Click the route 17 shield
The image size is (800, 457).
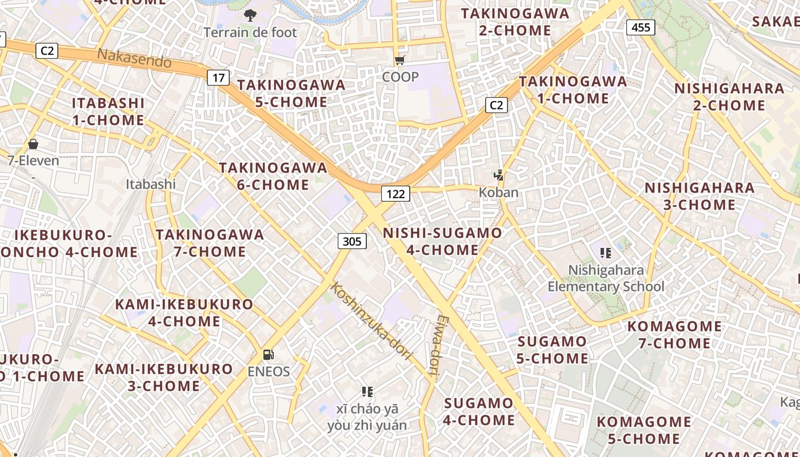(x=218, y=77)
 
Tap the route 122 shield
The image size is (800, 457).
(x=395, y=194)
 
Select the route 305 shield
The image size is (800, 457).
(x=352, y=241)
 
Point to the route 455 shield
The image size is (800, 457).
(x=640, y=27)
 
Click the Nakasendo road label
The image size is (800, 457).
(x=134, y=58)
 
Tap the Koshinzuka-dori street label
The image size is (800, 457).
(x=371, y=321)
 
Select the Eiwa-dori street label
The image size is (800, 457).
(x=438, y=347)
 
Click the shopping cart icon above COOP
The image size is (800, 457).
(x=399, y=60)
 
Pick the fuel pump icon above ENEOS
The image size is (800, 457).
(x=268, y=355)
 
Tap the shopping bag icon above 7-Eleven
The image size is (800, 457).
(x=33, y=144)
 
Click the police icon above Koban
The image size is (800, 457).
(x=499, y=175)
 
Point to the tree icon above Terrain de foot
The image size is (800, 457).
(x=250, y=15)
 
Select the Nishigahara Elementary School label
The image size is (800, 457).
(x=606, y=278)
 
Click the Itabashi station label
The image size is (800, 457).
(x=151, y=184)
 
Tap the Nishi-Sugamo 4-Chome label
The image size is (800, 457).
(x=443, y=242)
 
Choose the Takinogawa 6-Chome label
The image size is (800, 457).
(x=273, y=177)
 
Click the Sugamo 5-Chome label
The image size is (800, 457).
(x=553, y=350)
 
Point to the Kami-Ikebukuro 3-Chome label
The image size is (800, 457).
(x=164, y=377)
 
